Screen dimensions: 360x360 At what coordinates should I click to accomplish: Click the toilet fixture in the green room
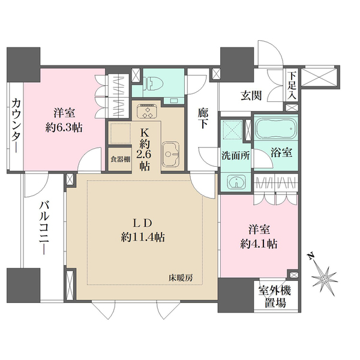click(x=155, y=82)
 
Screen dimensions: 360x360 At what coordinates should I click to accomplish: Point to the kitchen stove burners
click(x=147, y=112)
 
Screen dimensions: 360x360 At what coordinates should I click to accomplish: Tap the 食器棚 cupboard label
click(x=118, y=159)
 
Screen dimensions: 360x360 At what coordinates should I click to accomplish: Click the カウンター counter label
click(x=14, y=128)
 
